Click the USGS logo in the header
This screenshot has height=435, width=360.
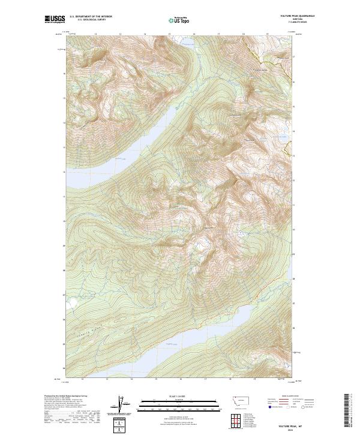point(55,19)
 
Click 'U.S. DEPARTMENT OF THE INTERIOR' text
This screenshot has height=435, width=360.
point(91,17)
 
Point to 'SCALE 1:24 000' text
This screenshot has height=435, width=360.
point(178,397)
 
